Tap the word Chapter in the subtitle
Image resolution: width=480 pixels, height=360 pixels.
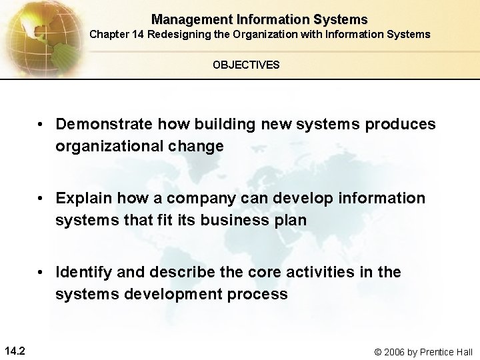coord(110,34)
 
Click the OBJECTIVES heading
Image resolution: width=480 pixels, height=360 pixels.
coord(246,65)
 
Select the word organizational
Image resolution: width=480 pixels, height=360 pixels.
coord(116,146)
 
